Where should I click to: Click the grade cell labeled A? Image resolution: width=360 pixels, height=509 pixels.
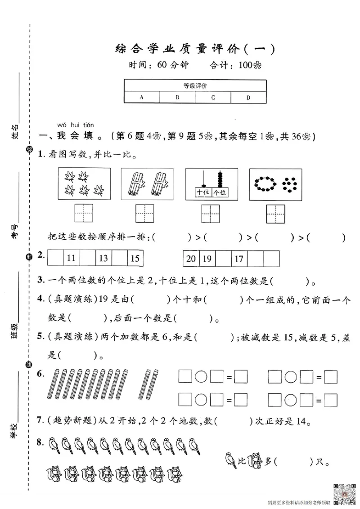point(142,97)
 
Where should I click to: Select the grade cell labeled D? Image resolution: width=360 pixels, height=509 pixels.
point(248,97)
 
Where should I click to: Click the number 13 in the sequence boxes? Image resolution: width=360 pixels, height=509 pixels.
point(103,258)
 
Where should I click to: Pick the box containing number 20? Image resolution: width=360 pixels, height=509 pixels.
point(191,259)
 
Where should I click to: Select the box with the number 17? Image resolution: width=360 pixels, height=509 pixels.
point(239,259)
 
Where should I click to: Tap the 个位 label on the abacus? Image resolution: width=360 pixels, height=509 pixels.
point(219,192)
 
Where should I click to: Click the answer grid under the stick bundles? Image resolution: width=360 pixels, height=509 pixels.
point(145,213)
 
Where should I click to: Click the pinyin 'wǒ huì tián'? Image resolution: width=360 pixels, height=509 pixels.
point(76,125)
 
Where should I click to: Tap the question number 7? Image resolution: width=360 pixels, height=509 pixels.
point(40,421)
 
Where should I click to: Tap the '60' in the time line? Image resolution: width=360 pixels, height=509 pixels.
point(162,65)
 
